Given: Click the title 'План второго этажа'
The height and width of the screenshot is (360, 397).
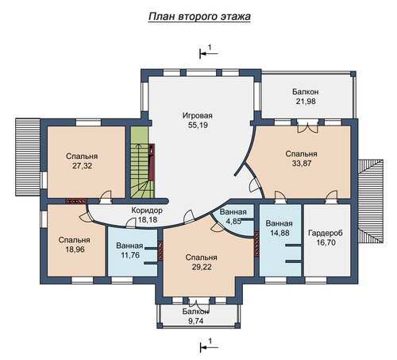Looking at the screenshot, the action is click(x=199, y=17).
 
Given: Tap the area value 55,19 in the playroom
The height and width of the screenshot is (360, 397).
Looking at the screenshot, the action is click(x=198, y=125).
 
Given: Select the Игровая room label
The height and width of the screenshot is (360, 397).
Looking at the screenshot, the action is click(x=198, y=116).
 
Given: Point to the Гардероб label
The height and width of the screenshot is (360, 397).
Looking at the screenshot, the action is click(x=326, y=233).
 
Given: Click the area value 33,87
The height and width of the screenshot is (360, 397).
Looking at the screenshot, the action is click(x=302, y=164).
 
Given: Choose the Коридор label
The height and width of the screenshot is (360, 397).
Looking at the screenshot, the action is click(x=147, y=211).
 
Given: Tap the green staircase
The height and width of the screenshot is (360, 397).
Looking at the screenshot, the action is click(x=142, y=162).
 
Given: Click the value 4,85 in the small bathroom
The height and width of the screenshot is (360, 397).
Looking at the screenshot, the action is click(x=233, y=221).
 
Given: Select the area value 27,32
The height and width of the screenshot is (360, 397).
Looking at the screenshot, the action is click(x=82, y=166).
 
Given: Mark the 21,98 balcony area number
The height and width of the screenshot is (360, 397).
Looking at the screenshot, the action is click(x=306, y=102).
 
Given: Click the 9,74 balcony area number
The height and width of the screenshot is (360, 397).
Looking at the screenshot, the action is click(x=195, y=321).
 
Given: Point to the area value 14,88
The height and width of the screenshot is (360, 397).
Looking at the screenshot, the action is click(x=279, y=233).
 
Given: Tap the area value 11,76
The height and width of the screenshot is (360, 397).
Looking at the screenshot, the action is click(x=130, y=255).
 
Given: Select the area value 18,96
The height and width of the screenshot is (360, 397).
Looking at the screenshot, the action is click(x=75, y=250).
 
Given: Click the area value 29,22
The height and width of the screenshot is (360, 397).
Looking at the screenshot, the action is click(x=202, y=267).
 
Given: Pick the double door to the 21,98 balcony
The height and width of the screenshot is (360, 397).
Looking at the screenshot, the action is click(x=307, y=126).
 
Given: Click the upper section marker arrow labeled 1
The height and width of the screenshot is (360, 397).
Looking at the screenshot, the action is click(x=209, y=53).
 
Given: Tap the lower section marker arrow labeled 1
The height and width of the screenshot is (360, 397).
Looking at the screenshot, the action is click(x=209, y=346).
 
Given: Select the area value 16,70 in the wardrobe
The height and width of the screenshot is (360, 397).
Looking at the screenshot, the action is click(x=326, y=242).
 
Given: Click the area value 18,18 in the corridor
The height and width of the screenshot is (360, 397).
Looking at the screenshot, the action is click(x=148, y=219).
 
